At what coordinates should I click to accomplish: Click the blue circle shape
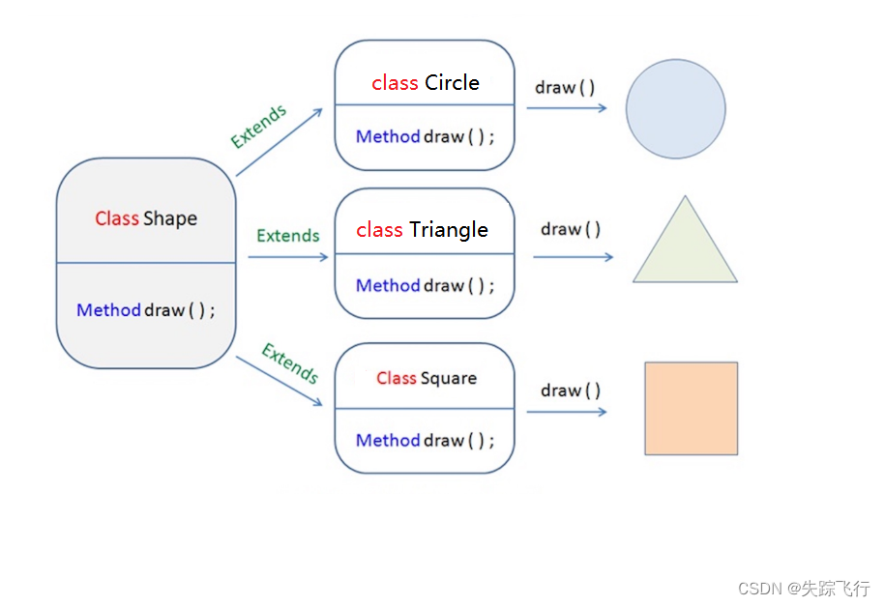pos(675,108)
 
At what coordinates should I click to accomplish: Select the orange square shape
pos(691,408)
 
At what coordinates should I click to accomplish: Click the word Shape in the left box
pos(170,218)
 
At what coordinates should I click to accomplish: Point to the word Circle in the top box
pos(452,83)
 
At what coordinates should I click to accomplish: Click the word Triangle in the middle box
pos(448,230)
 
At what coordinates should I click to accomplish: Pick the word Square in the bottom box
pos(448,378)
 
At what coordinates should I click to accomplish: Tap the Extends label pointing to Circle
pos(258,127)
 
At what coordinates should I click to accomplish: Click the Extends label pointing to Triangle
pos(287,236)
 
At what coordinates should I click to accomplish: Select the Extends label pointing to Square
pos(289,363)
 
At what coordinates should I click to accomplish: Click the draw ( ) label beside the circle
pos(565,88)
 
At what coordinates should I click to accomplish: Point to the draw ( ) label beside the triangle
pos(571,229)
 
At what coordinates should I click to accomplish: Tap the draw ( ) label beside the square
pos(571,390)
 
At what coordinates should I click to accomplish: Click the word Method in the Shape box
pos(108,310)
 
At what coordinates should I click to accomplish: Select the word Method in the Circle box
pos(387,136)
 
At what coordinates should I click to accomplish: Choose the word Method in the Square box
pos(387,440)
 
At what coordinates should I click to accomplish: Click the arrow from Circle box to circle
pos(567,107)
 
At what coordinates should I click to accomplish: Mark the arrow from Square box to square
pos(567,412)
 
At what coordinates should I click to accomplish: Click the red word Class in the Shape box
pos(117,218)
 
